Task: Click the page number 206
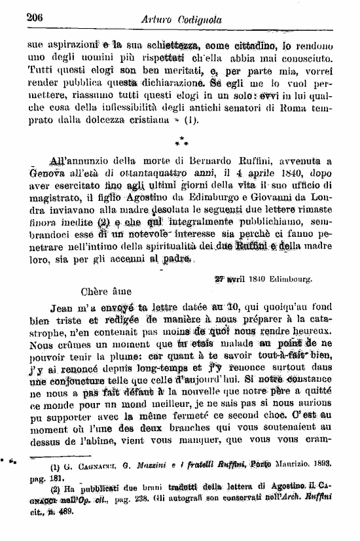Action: (35, 18)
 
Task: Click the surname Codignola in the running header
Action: (194, 20)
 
